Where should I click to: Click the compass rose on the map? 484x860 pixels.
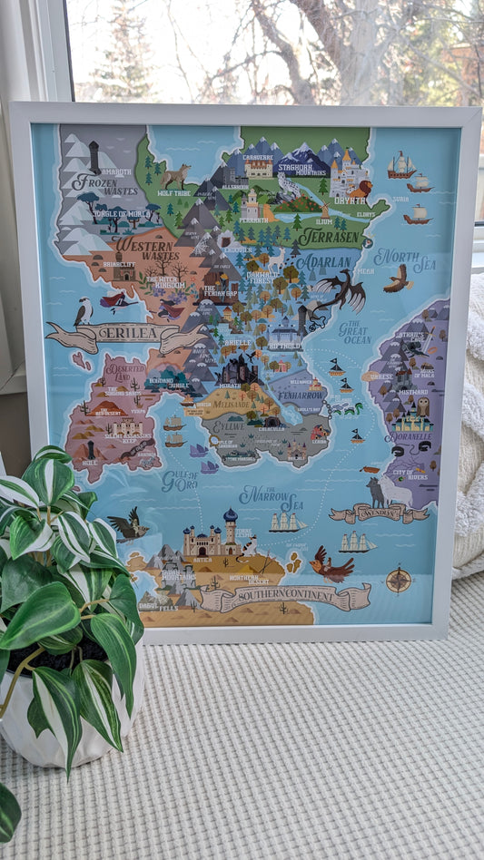coord(399,579)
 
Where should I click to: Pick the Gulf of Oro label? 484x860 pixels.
coord(179,480)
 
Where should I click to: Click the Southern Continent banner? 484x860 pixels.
coord(285,597)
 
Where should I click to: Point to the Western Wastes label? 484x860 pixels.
coord(146,249)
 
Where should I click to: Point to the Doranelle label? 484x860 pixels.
coord(411,437)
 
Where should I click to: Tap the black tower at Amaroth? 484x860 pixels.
coord(94,156)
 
